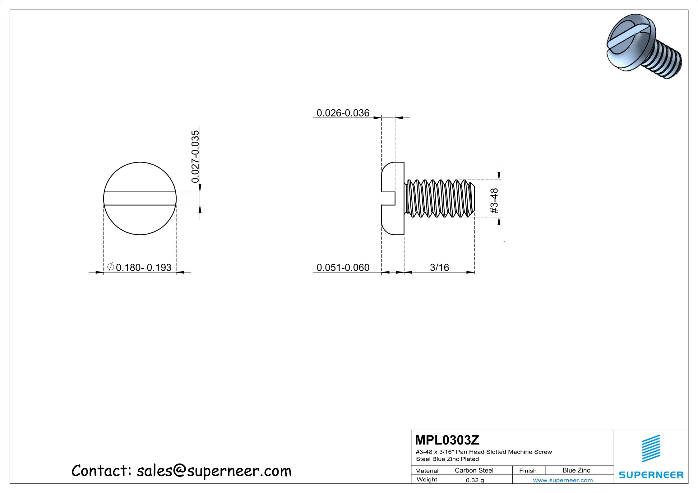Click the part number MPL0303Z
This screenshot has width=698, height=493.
click(x=447, y=440)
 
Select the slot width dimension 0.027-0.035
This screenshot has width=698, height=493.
click(x=195, y=157)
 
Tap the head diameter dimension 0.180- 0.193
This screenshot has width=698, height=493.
click(x=143, y=267)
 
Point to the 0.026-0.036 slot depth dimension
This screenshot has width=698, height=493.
click(x=343, y=113)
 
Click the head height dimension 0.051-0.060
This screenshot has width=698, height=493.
click(x=343, y=267)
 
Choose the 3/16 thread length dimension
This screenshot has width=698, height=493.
click(x=439, y=267)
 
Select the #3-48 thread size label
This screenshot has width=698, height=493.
click(x=494, y=201)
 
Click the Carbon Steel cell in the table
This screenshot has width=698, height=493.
click(x=474, y=470)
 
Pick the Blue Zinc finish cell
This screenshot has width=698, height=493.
click(x=576, y=470)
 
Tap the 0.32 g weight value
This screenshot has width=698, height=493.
click(x=475, y=480)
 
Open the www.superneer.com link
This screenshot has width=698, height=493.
click(x=563, y=480)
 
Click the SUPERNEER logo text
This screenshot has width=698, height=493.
click(x=651, y=475)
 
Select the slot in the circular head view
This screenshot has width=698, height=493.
click(x=140, y=199)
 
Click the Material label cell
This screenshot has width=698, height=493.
click(x=427, y=471)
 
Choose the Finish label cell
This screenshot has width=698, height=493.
click(x=528, y=471)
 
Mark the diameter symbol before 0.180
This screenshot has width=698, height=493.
click(x=110, y=267)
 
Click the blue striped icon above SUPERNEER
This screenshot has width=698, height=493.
click(x=651, y=448)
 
